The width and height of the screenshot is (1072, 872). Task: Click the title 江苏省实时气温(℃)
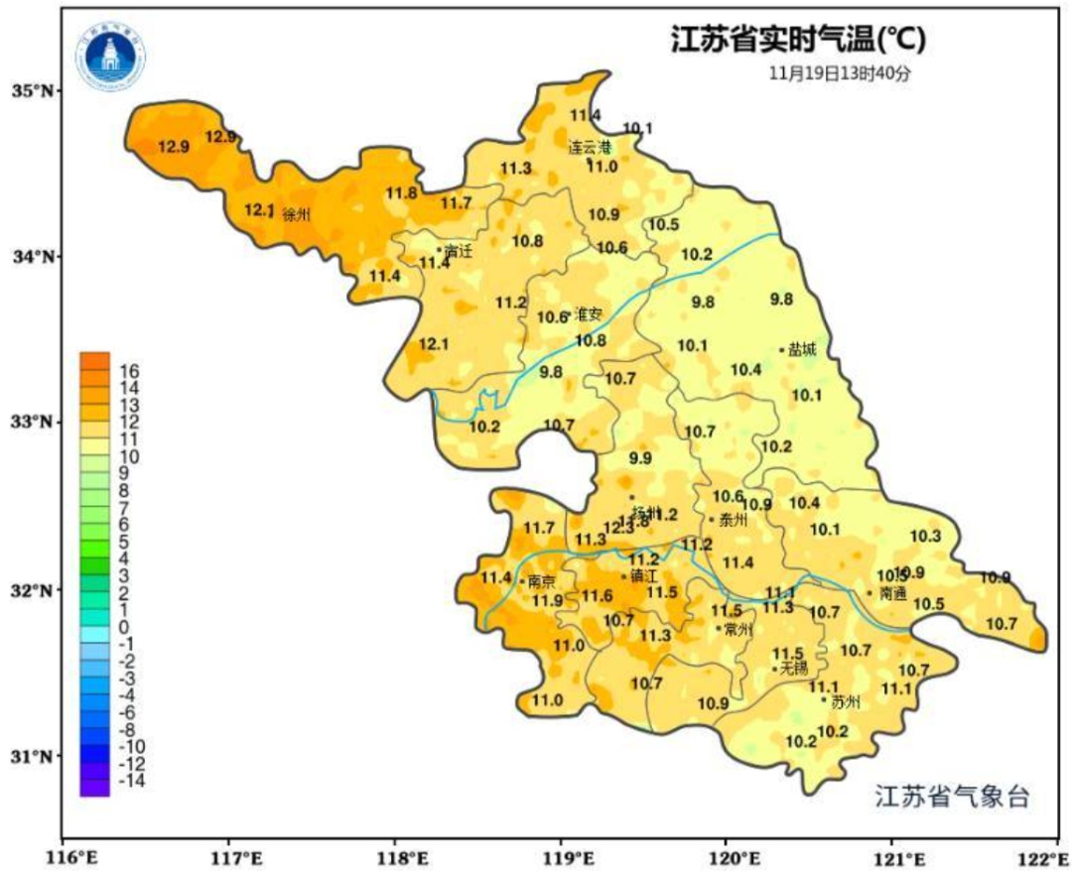click(x=798, y=41)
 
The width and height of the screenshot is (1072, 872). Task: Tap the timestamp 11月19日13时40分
click(x=840, y=72)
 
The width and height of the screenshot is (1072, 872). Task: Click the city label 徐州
click(x=296, y=214)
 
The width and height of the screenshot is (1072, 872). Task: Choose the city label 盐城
click(x=802, y=349)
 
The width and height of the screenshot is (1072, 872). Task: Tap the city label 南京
click(x=542, y=581)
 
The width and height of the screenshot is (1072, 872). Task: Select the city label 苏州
click(x=845, y=702)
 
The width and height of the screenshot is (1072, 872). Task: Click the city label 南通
click(x=893, y=593)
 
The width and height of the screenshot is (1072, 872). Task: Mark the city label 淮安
click(x=589, y=314)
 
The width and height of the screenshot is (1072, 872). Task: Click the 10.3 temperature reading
click(x=924, y=536)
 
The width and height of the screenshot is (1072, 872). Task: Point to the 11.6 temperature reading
click(x=597, y=595)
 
